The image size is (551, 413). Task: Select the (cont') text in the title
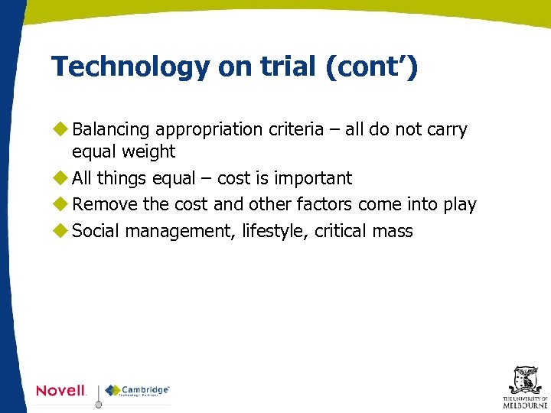tap(372, 67)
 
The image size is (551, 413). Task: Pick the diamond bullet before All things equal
tap(61, 178)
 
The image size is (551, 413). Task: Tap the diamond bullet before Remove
tap(61, 205)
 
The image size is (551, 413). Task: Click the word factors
tap(324, 205)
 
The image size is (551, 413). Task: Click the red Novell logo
tap(61, 391)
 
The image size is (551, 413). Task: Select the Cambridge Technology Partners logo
tap(138, 391)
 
